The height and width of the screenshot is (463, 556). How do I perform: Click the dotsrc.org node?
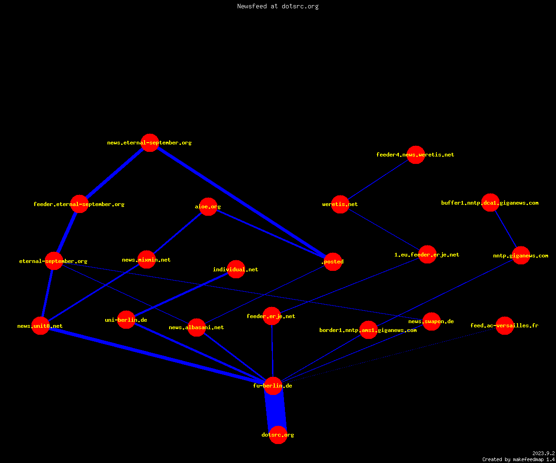[x=278, y=435]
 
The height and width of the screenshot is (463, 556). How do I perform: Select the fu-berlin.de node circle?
[x=273, y=386]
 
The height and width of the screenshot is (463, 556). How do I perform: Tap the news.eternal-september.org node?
[x=150, y=143]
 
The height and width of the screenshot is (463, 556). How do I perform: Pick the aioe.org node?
[x=208, y=206]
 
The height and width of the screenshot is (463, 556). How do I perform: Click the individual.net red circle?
[x=236, y=269]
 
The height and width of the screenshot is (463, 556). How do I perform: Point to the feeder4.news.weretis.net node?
[x=416, y=155]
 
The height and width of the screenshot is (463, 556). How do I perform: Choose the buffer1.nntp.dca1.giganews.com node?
[x=490, y=203]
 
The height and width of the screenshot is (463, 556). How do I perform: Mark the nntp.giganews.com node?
[x=521, y=256]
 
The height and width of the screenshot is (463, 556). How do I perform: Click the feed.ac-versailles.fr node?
[x=505, y=325]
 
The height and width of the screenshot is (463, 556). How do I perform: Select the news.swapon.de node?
[x=431, y=321]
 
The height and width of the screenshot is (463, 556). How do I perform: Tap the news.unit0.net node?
[x=40, y=325]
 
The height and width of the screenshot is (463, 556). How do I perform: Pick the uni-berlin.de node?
[x=126, y=319]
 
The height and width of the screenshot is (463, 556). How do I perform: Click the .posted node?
[x=333, y=262]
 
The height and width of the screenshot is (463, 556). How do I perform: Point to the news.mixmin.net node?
[x=146, y=259]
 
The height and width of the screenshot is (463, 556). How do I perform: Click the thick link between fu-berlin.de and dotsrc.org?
[x=276, y=410]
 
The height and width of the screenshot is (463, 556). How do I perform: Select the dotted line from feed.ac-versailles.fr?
[x=389, y=356]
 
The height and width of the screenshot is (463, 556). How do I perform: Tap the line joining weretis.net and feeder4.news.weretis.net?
[x=378, y=179]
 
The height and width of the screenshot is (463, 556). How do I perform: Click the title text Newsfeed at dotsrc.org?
[x=278, y=6]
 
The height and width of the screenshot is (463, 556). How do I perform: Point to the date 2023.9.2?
[x=543, y=453]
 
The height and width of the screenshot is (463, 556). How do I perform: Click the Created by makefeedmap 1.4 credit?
[x=518, y=459]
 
